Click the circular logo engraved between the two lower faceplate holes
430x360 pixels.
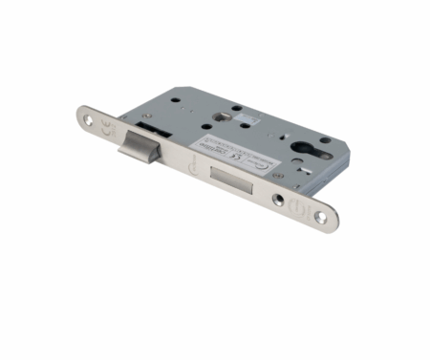point(300,207)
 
